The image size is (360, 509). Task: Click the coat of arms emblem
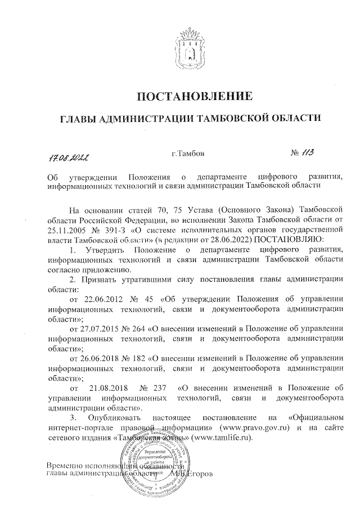191,43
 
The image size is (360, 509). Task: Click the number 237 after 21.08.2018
160,388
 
